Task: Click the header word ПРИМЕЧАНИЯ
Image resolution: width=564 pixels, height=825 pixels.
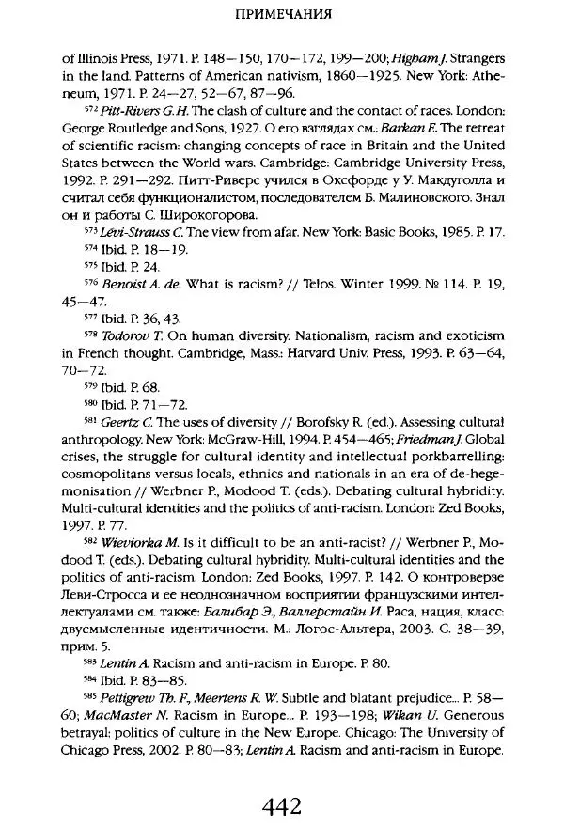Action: pyautogui.click(x=282, y=16)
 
